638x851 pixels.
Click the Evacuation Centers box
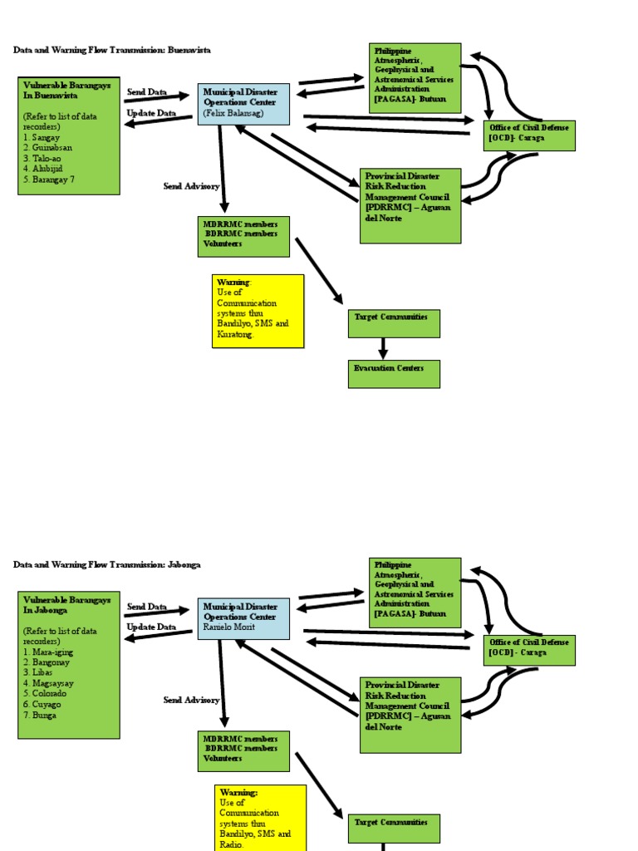(x=393, y=374)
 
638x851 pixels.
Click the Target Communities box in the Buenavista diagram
(x=393, y=323)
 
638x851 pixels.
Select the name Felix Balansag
(x=233, y=113)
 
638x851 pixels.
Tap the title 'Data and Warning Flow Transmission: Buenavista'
(x=112, y=50)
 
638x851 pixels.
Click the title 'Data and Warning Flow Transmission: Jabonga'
(x=107, y=564)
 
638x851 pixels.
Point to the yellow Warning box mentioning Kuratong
(x=258, y=311)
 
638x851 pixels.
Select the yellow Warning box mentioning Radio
(x=260, y=818)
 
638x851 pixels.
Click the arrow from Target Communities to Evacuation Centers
(x=383, y=348)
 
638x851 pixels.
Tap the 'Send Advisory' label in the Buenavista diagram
(x=191, y=187)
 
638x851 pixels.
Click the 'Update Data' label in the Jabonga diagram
(x=150, y=627)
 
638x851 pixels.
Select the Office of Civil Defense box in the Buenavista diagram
(x=529, y=135)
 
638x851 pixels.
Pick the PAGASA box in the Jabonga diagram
(x=415, y=593)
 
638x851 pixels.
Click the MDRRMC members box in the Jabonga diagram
(x=243, y=750)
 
